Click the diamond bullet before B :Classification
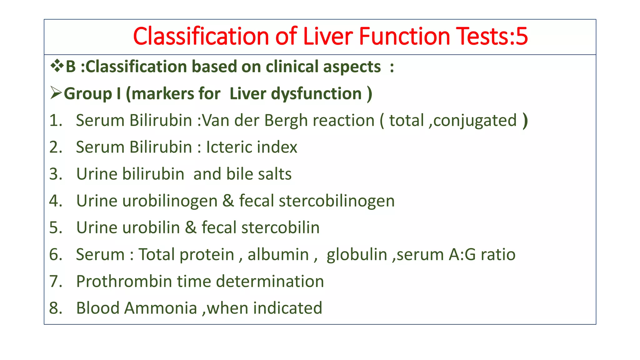pyautogui.click(x=57, y=66)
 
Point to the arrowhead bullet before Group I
pyautogui.click(x=56, y=93)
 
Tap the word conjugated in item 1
pyautogui.click(x=475, y=121)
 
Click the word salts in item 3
pyautogui.click(x=274, y=174)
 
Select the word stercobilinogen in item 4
pyautogui.click(x=337, y=201)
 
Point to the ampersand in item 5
pyautogui.click(x=191, y=227)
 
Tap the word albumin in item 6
pyautogui.click(x=278, y=254)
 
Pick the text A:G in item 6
pyautogui.click(x=462, y=254)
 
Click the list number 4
pyautogui.click(x=55, y=201)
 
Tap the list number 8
pyautogui.click(x=55, y=308)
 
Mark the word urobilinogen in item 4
pyautogui.click(x=170, y=201)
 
